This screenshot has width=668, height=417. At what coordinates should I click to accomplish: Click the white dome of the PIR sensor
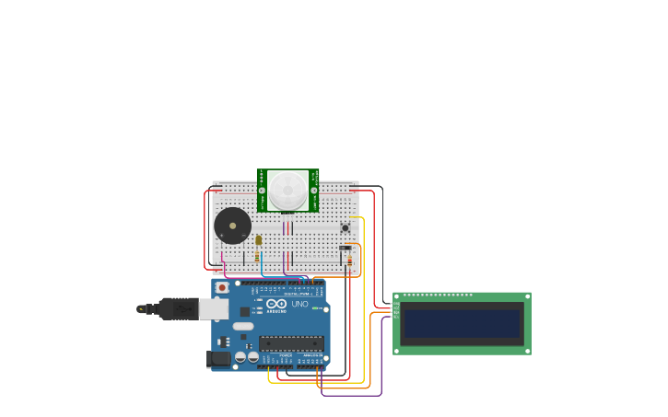pyautogui.click(x=287, y=190)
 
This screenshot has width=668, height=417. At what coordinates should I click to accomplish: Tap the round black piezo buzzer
pyautogui.click(x=232, y=226)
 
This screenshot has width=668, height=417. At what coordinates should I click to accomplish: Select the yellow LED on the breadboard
pyautogui.click(x=259, y=240)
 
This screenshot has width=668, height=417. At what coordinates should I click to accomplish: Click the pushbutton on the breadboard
pyautogui.click(x=346, y=227)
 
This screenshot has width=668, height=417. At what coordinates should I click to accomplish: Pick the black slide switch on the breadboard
pyautogui.click(x=346, y=247)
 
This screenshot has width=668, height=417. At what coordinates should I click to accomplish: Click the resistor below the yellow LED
pyautogui.click(x=257, y=258)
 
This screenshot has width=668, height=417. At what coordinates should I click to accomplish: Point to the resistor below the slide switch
pyautogui.click(x=349, y=261)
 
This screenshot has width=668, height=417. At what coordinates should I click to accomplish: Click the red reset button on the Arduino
pyautogui.click(x=222, y=287)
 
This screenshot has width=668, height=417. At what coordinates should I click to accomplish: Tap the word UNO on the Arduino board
pyautogui.click(x=299, y=304)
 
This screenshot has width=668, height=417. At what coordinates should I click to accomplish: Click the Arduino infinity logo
pyautogui.click(x=276, y=304)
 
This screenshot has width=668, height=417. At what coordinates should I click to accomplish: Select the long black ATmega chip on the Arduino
pyautogui.click(x=291, y=343)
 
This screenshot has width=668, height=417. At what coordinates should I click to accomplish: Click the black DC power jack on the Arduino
pyautogui.click(x=218, y=358)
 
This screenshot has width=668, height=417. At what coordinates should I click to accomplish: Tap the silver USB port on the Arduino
pyautogui.click(x=213, y=309)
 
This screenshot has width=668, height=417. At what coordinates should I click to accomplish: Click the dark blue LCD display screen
pyautogui.click(x=462, y=324)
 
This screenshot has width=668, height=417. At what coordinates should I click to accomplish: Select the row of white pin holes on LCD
pyautogui.click(x=439, y=295)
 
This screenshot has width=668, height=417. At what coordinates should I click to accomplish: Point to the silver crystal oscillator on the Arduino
pyautogui.click(x=243, y=326)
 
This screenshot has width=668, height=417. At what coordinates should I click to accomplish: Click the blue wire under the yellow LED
pyautogui.click(x=262, y=266)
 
